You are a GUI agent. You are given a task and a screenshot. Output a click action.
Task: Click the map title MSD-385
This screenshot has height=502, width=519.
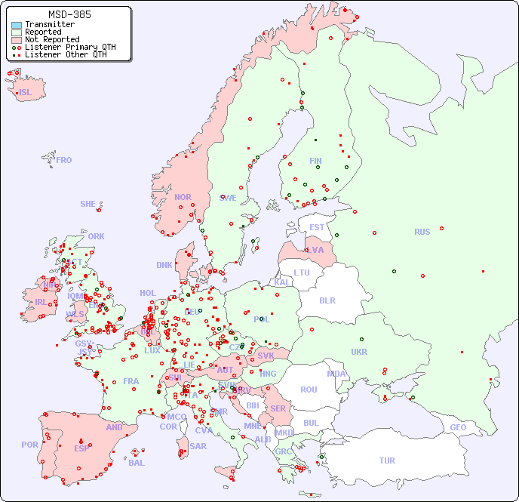69,14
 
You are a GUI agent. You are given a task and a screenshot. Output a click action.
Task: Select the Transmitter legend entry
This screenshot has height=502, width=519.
49,25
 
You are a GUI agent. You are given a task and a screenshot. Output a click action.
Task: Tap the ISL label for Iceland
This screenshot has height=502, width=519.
26,93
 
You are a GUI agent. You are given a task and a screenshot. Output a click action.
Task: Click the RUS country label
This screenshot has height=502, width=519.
422,232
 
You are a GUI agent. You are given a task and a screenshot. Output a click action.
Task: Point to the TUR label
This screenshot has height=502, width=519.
387,460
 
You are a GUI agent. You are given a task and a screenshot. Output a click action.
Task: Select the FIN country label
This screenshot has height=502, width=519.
315,161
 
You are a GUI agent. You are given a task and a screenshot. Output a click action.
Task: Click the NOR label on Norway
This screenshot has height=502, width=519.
183,197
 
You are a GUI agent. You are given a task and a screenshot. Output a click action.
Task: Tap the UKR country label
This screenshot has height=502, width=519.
359,352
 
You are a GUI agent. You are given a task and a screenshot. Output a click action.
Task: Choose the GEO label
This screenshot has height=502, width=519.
458,427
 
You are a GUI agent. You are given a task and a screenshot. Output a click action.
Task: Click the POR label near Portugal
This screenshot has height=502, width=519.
29,445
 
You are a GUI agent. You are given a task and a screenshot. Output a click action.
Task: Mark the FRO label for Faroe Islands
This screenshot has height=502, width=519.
64,160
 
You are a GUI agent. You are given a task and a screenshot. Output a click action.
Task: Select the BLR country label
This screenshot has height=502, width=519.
327,300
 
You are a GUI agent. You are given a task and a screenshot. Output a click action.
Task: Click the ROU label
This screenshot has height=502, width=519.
309,390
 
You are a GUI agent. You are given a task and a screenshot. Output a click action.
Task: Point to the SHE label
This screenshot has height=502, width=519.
88,204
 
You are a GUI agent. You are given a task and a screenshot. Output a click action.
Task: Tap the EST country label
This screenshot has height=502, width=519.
317,227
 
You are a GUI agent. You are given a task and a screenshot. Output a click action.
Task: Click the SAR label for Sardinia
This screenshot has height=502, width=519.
198,446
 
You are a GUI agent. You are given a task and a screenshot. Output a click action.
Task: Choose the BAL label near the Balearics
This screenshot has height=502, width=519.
136,463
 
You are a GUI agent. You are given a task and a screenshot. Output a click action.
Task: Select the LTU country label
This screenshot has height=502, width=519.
302,273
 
